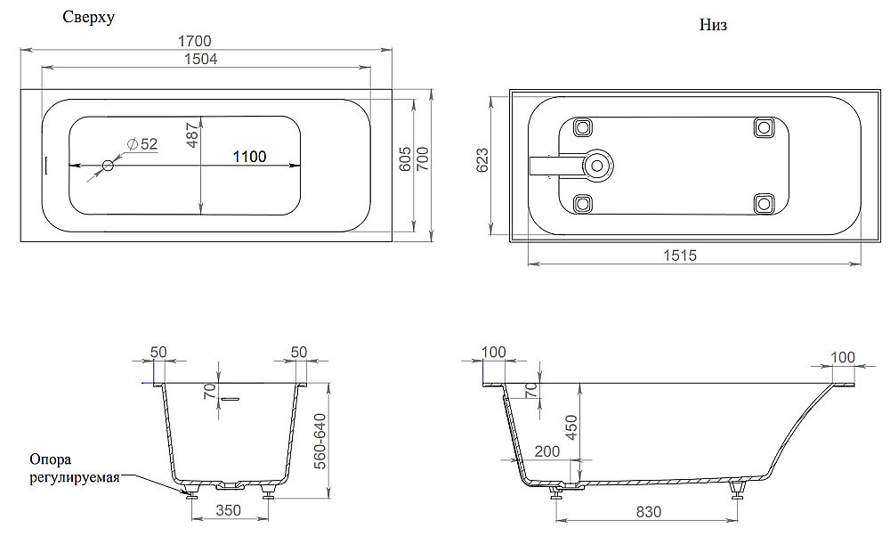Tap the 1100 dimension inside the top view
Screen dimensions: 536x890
pos(249,157)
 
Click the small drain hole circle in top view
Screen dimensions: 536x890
pos(108,166)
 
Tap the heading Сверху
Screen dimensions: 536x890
pos(88,18)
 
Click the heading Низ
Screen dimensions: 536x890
pos(714,26)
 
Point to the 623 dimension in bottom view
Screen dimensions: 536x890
pos(481,160)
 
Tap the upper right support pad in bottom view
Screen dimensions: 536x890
pos(763,126)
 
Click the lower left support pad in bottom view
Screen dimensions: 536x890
pos(584,204)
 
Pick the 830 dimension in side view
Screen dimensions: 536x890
pos(646,513)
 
